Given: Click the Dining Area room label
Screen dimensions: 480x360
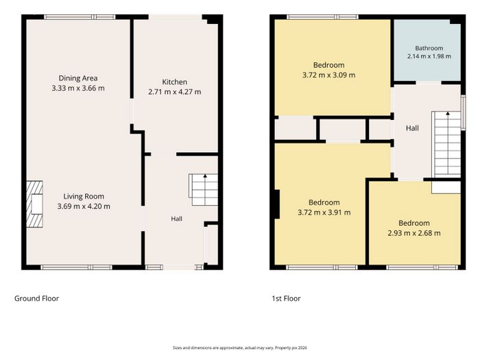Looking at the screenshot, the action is [x=78, y=78].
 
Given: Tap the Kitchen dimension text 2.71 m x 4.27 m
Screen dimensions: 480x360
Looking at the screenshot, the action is [x=174, y=92].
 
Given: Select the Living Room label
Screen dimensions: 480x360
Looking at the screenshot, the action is [x=84, y=197].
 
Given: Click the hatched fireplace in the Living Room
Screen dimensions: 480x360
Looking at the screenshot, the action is [x=34, y=204].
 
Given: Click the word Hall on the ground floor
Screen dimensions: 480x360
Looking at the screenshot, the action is [x=177, y=219].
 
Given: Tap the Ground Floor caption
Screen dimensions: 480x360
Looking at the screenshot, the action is [x=37, y=298].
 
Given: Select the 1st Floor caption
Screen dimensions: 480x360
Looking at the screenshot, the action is [x=286, y=298].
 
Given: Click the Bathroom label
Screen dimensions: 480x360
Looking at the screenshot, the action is [x=429, y=48].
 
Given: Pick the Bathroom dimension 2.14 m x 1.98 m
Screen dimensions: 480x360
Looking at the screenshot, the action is [x=429, y=56].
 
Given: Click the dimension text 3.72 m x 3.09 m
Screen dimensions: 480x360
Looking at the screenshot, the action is [x=328, y=75].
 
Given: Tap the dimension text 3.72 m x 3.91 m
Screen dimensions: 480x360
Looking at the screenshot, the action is [x=324, y=213].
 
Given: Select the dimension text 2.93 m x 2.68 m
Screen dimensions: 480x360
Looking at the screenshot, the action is [x=414, y=233].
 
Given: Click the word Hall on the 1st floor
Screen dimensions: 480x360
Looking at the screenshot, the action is [x=412, y=128].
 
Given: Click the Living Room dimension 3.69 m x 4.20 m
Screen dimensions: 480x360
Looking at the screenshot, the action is [x=84, y=206].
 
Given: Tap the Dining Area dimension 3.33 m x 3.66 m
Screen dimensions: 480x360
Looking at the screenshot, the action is [x=78, y=88].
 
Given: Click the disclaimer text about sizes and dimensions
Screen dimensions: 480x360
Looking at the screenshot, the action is [x=240, y=348].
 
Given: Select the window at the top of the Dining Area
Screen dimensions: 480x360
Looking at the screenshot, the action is [x=80, y=17].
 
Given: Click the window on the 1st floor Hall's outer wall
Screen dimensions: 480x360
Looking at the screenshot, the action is [x=464, y=112].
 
